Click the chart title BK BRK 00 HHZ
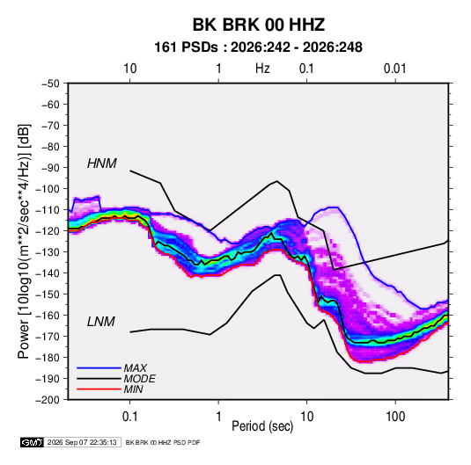pyautogui.click(x=258, y=25)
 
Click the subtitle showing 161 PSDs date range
pyautogui.click(x=258, y=47)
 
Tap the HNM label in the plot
pyautogui.click(x=102, y=163)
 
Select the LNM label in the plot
pyautogui.click(x=101, y=322)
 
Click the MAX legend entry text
pyautogui.click(x=136, y=367)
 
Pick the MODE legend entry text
pyautogui.click(x=139, y=379)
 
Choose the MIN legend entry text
pyautogui.click(x=133, y=389)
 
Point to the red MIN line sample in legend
pyautogui.click(x=99, y=389)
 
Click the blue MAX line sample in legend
pyautogui.click(x=99, y=367)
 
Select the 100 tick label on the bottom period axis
pyautogui.click(x=395, y=417)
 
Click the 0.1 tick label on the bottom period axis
pyautogui.click(x=129, y=417)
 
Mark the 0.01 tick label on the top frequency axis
pyautogui.click(x=395, y=69)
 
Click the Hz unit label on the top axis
pyautogui.click(x=262, y=69)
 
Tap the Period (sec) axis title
pyautogui.click(x=262, y=426)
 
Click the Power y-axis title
pyautogui.click(x=24, y=241)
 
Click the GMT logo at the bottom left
pyautogui.click(x=32, y=442)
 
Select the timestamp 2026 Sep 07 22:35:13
pyautogui.click(x=82, y=442)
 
